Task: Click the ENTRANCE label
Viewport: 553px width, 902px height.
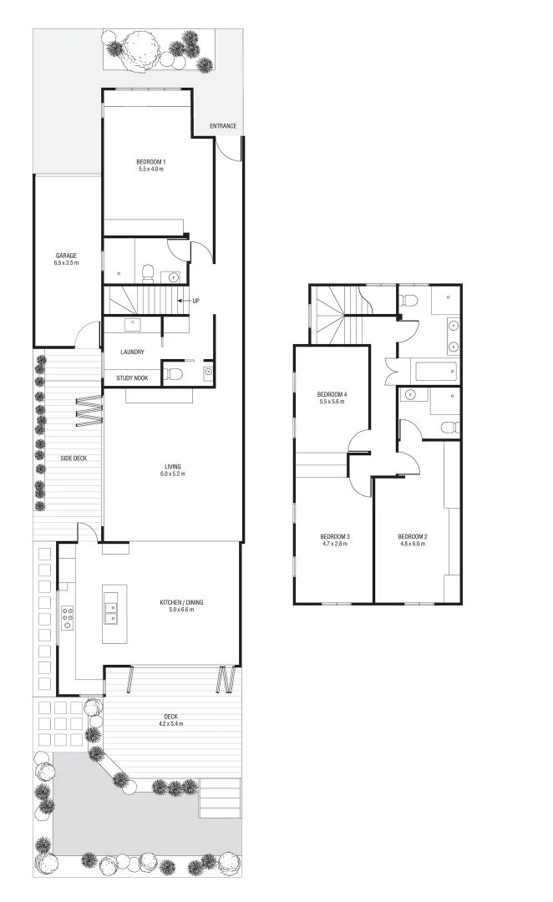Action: tap(223, 126)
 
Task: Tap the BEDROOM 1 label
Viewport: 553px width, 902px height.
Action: tap(151, 162)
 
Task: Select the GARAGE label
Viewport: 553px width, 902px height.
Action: tap(66, 256)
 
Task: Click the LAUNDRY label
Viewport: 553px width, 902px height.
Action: tap(132, 352)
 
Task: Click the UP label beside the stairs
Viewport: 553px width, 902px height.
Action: tap(195, 301)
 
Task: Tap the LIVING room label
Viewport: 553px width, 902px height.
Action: tap(173, 467)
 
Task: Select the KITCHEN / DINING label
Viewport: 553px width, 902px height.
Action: tap(182, 602)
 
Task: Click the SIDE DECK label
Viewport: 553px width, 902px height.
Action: tap(74, 458)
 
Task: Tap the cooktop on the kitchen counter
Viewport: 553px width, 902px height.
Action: tap(67, 617)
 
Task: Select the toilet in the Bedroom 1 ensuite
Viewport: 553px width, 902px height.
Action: tap(148, 271)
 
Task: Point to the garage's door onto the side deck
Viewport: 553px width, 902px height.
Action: tap(86, 334)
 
